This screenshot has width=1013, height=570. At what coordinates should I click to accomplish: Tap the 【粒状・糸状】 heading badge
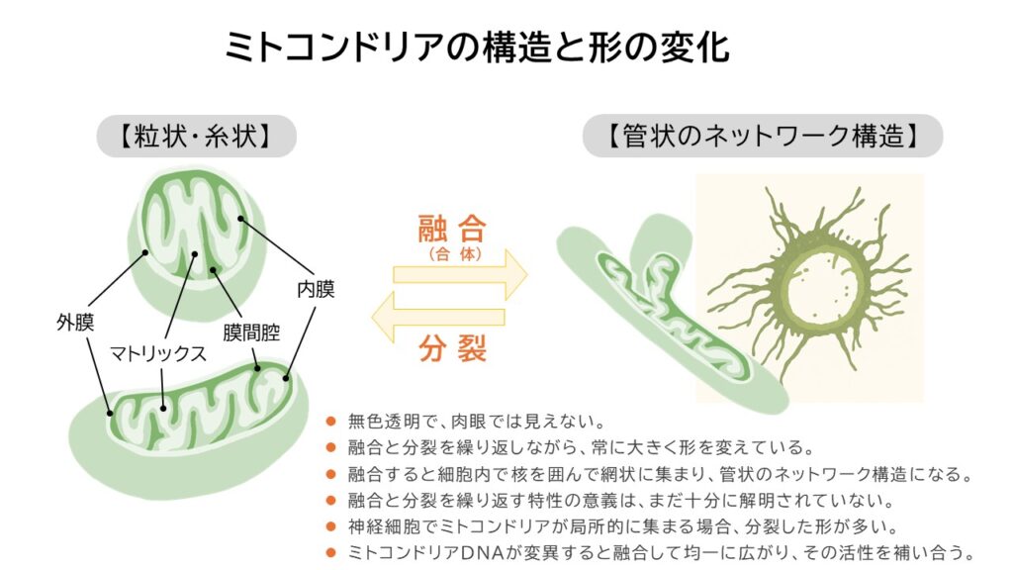(196, 137)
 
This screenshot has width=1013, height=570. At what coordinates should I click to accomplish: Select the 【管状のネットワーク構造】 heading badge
(762, 137)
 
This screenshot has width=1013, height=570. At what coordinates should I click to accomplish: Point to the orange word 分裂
(451, 348)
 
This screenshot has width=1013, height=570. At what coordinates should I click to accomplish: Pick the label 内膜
(316, 290)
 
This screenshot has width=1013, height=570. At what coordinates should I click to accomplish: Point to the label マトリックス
(157, 352)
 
